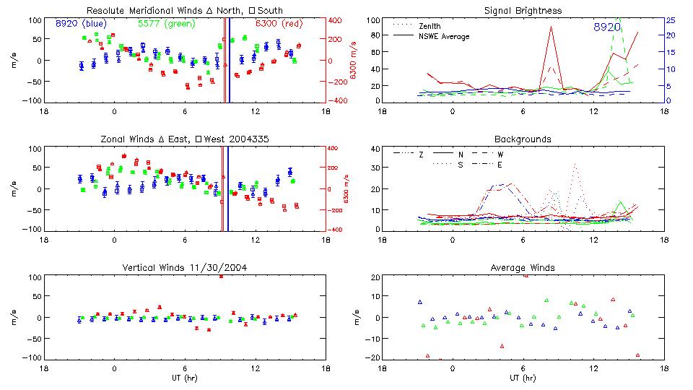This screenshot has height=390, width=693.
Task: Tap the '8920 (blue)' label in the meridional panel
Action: click(81, 23)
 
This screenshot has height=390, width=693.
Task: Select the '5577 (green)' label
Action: click(162, 23)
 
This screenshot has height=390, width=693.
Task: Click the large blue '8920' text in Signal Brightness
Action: click(606, 27)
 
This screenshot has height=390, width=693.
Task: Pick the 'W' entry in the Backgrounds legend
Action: click(500, 154)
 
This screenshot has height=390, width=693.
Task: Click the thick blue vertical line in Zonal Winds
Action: click(228, 188)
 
